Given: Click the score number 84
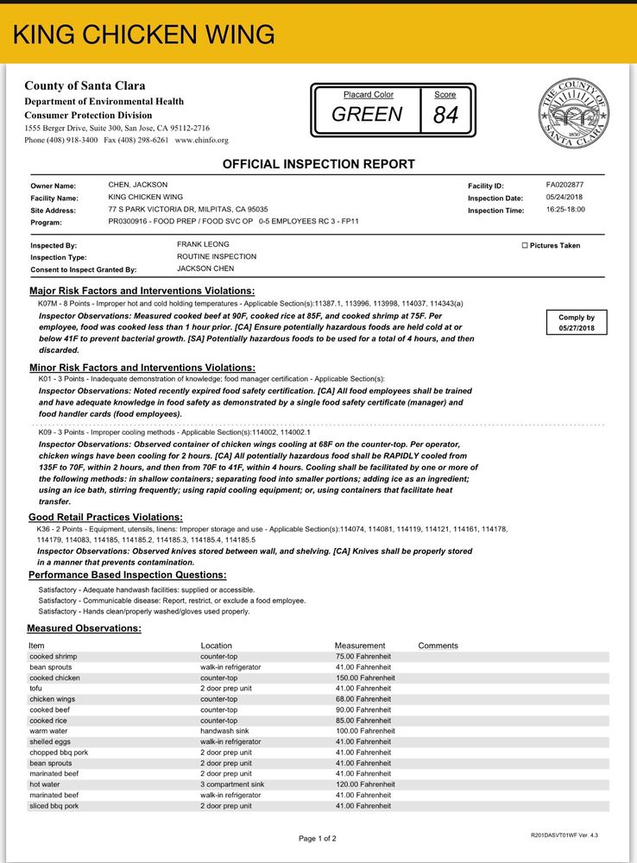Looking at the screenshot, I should coord(445,115).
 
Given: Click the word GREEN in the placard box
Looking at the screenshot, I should coord(367,115).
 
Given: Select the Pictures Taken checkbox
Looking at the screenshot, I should coord(525,246).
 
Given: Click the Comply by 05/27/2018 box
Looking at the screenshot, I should coord(577,323).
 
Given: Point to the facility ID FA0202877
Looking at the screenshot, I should coord(564,185).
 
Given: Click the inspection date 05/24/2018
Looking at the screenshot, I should coord(565,198).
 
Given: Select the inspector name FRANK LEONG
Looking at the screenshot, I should coord(203,245).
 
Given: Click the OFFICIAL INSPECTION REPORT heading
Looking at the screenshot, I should coord(318,164).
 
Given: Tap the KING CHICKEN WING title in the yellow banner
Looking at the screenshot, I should coord(144,35).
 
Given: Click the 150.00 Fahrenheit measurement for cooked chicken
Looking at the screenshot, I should coord(364,677).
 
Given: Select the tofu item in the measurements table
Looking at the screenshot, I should coord(35,689).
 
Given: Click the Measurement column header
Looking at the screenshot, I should coord(359,646).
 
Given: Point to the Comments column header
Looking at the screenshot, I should coord(438,646).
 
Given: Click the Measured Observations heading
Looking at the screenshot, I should coord(84,628).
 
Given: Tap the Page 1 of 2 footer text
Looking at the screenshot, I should coord(318,838).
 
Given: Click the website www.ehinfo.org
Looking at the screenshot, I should coord(202,140).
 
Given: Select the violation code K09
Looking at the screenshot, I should coord(46,431).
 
